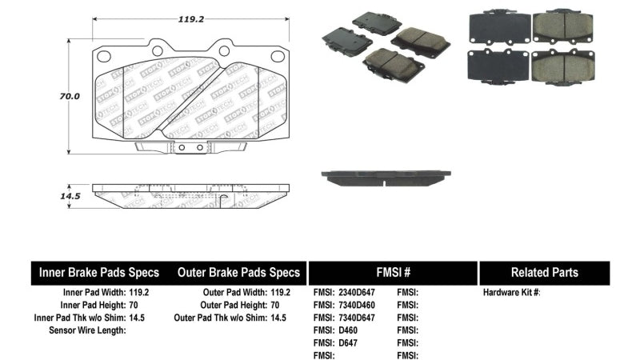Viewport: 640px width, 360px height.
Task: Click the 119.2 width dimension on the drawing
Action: [x=190, y=19]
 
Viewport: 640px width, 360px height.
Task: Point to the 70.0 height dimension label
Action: [x=70, y=96]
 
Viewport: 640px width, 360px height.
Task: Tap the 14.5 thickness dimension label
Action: [x=70, y=196]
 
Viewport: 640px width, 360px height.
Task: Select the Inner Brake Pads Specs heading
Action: [x=98, y=273]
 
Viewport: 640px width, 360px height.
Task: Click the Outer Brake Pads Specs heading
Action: [x=238, y=273]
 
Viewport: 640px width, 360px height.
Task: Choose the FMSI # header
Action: [x=393, y=272]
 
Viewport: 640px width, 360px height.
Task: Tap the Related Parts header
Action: [x=545, y=272]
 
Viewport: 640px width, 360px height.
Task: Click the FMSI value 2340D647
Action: [x=357, y=292]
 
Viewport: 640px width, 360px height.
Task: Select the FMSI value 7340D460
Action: [x=357, y=305]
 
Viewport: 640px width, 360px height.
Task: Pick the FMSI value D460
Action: [x=348, y=330]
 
